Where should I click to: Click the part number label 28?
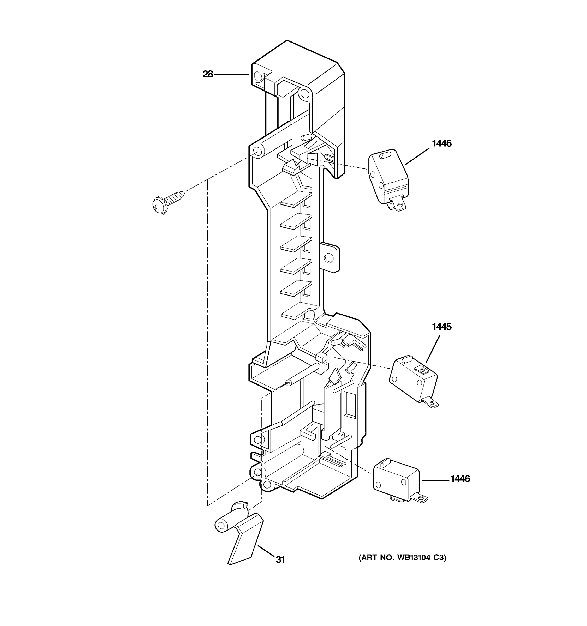207,74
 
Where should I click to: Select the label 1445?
441,327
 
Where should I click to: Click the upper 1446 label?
441,144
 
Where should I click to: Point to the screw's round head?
159,205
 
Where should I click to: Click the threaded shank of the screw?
174,197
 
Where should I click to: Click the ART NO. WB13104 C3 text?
402,558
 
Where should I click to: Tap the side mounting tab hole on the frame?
328,258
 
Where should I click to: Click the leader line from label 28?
231,74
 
